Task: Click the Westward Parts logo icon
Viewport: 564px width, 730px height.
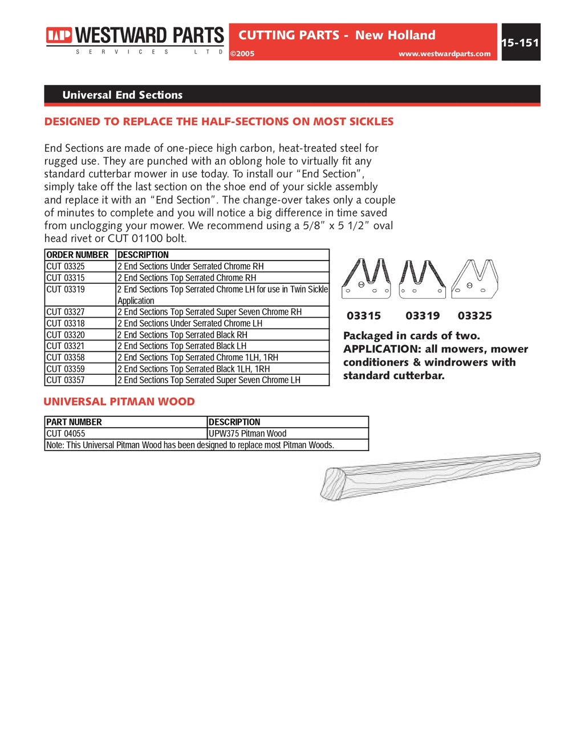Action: click(x=59, y=36)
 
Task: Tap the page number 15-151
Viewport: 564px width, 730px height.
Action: click(x=520, y=43)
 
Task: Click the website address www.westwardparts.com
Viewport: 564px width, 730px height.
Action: click(x=444, y=54)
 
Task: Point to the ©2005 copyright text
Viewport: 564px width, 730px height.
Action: click(x=242, y=54)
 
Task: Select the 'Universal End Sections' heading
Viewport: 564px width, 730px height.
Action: click(x=122, y=95)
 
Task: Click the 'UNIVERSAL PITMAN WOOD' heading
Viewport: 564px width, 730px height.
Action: click(x=119, y=401)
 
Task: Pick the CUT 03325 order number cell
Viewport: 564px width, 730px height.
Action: click(x=66, y=266)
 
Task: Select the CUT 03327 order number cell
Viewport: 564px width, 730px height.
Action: click(x=66, y=312)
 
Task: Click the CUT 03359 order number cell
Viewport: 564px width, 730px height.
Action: click(x=66, y=368)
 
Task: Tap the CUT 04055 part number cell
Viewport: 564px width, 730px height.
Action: click(x=66, y=433)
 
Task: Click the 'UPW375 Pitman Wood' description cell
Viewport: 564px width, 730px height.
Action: click(x=247, y=433)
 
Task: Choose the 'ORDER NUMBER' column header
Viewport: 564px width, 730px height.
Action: click(x=77, y=255)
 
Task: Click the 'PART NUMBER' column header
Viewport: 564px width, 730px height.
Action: click(x=74, y=422)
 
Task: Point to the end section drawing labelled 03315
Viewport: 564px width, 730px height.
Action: click(x=366, y=279)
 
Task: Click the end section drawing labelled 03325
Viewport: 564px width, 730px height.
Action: click(x=475, y=279)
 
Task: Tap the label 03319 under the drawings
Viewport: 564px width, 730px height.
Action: click(x=422, y=316)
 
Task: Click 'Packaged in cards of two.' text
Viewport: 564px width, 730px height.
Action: click(x=411, y=336)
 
